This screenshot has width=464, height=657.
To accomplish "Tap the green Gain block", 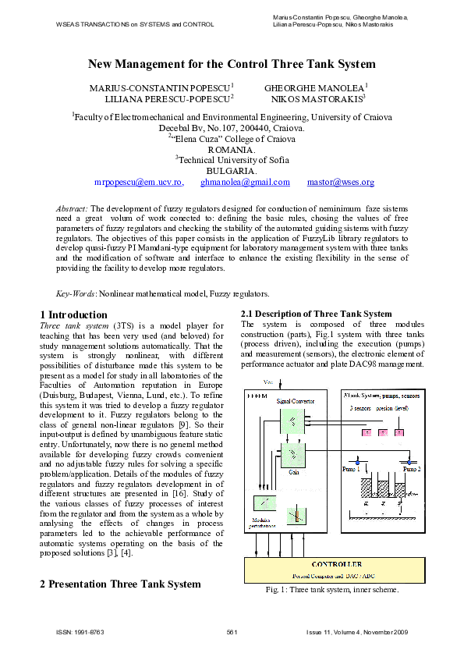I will (x=292, y=454).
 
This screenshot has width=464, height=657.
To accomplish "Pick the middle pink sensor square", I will (x=383, y=432).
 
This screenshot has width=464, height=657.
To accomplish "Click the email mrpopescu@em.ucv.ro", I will (x=138, y=183).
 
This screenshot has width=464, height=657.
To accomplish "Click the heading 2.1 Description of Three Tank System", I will (x=317, y=314).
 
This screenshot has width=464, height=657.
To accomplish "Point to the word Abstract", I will (x=73, y=209).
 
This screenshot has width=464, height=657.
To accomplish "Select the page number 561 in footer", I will (x=232, y=632).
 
